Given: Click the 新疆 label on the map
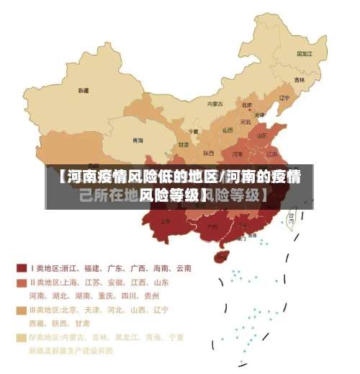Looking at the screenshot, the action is click(x=84, y=91).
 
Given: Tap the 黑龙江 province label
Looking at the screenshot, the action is click(x=305, y=53).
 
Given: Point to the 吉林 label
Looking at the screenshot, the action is click(x=299, y=79).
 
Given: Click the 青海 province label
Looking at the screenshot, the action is click(x=137, y=140).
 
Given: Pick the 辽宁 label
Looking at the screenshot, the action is click(x=284, y=97).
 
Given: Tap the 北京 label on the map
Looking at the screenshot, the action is click(x=247, y=105).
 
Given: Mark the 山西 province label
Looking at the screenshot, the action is click(x=228, y=130).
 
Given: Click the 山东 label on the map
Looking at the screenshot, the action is click(x=261, y=135).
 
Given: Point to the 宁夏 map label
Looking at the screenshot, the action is click(x=193, y=131).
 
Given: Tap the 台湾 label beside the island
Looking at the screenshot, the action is click(x=292, y=215).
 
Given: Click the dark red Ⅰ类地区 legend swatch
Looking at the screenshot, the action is click(x=22, y=268).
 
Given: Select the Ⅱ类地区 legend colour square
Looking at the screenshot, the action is click(x=22, y=282).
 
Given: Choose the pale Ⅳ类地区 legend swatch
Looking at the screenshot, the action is click(x=22, y=337).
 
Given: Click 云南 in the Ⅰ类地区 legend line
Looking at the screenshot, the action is click(x=182, y=268).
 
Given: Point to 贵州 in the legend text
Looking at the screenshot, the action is click(x=151, y=295).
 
